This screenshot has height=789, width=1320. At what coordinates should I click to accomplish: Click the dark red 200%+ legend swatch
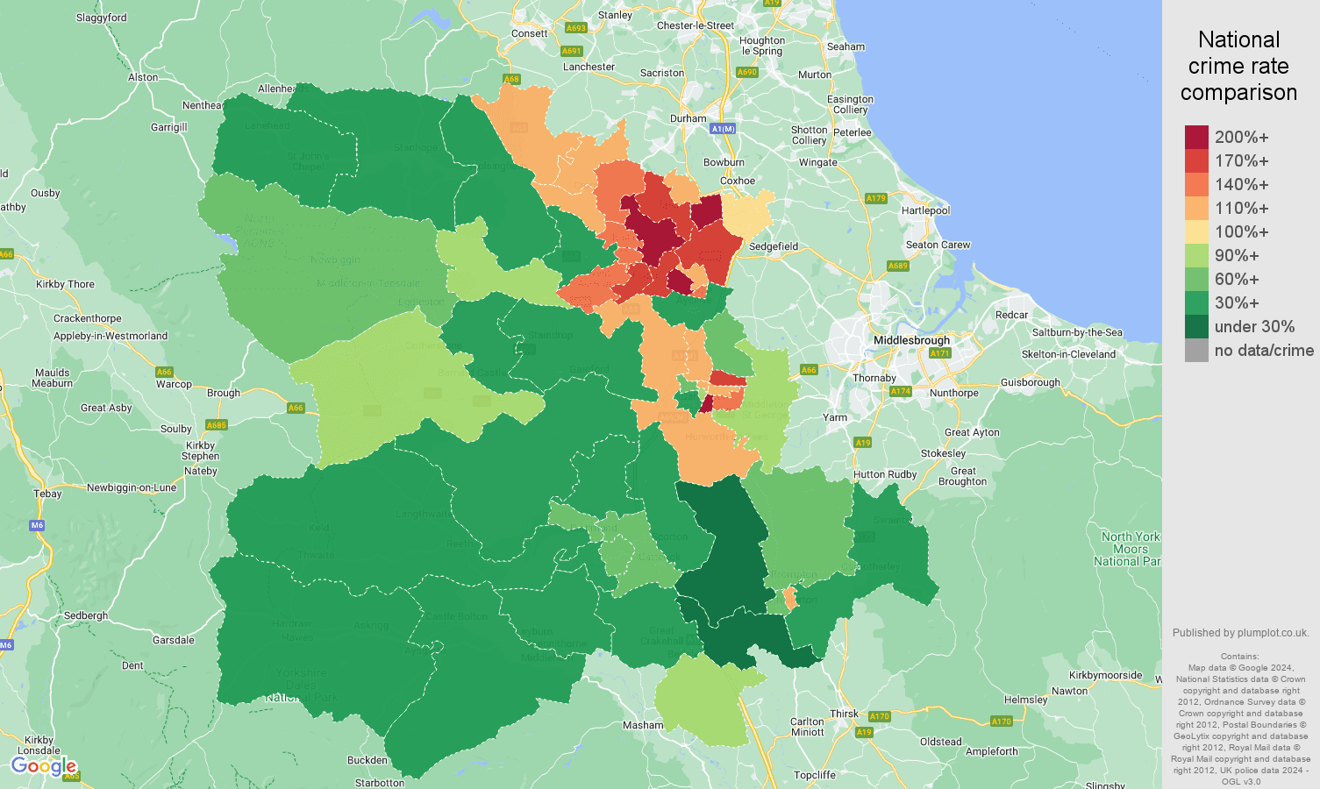(x=1196, y=137)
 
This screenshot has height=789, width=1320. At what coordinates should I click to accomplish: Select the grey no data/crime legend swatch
(x=1196, y=351)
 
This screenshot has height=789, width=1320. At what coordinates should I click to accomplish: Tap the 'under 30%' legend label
(x=1254, y=327)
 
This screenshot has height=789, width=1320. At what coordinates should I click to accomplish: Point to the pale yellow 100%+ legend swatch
(x=1196, y=232)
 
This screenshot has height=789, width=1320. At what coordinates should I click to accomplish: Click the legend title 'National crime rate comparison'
(x=1238, y=66)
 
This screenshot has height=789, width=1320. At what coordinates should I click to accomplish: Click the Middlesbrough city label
(x=911, y=340)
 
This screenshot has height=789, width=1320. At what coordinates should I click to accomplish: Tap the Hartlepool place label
(x=925, y=210)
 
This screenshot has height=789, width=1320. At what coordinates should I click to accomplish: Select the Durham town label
(x=688, y=118)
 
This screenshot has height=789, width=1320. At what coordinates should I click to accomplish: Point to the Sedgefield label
(x=774, y=246)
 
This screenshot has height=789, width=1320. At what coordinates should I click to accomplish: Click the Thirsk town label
(x=844, y=714)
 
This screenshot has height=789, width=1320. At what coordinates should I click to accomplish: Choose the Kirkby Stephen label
(x=200, y=451)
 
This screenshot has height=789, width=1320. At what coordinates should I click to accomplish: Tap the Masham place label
(x=643, y=725)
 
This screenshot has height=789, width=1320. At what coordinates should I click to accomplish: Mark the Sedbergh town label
(x=86, y=615)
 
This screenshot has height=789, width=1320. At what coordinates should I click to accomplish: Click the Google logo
(x=44, y=767)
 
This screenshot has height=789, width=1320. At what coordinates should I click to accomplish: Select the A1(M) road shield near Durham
(x=723, y=129)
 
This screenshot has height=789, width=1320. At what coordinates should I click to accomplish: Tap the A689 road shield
(x=897, y=266)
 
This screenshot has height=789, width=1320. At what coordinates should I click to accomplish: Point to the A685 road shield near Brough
(x=217, y=425)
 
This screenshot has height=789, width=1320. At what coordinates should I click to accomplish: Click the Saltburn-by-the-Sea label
(x=1077, y=332)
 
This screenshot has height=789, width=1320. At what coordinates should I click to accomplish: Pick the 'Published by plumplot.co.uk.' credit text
(x=1240, y=633)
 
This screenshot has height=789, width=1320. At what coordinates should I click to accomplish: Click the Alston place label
(x=143, y=77)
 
